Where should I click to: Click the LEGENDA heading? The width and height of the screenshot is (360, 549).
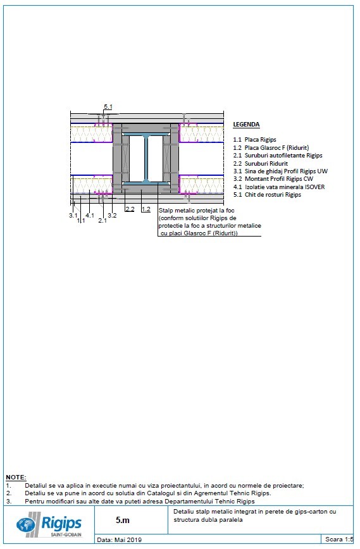[x=246, y=125]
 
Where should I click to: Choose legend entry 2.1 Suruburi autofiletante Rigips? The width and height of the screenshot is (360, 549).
[x=277, y=155]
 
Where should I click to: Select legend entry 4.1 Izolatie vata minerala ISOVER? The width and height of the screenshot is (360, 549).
[x=279, y=187]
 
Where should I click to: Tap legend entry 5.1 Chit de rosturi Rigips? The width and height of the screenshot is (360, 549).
[x=266, y=195]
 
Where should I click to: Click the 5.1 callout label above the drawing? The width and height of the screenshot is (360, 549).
[x=108, y=107]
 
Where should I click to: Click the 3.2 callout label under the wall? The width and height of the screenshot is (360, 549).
[x=112, y=216]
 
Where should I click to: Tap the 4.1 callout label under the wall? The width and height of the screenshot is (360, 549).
[x=90, y=216]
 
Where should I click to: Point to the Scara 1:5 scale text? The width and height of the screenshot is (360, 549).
[x=338, y=540]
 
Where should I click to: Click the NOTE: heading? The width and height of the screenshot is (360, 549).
[x=16, y=477]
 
